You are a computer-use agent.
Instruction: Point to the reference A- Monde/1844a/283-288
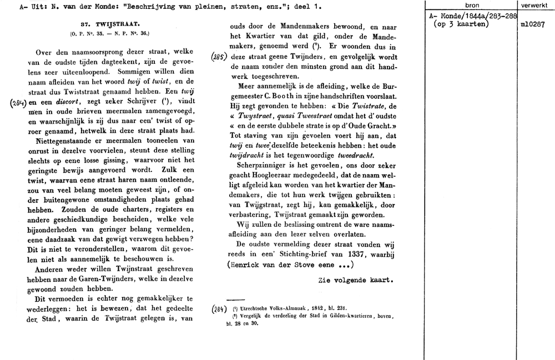[473, 17]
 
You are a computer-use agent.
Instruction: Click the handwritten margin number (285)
[219, 56]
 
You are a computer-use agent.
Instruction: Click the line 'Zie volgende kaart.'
[356, 280]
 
